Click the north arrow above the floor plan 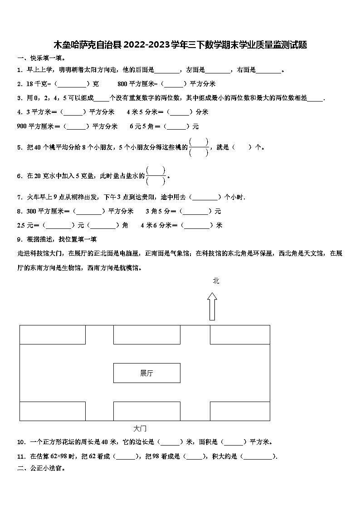tap(212, 306)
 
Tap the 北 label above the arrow tap(216, 281)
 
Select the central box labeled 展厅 tap(146, 373)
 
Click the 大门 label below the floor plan tap(140, 428)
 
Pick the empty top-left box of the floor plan tap(52, 334)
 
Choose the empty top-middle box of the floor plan tap(146, 334)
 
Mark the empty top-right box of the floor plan tap(240, 334)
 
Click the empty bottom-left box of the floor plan tap(52, 411)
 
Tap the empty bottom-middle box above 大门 tap(146, 411)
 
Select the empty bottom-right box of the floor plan tap(240, 411)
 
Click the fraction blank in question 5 tap(199, 147)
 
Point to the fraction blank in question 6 tap(156, 175)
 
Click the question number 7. tap(19, 197)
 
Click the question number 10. tap(20, 442)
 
